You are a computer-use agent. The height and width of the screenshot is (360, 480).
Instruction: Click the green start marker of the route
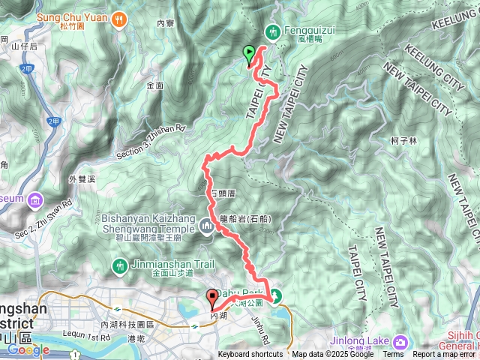[x=249, y=54]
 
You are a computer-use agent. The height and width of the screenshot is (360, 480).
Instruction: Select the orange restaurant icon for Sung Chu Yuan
[x=118, y=21]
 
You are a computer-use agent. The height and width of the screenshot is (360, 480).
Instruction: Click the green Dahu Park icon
[x=275, y=295]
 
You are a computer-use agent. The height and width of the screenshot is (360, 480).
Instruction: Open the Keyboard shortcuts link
[x=250, y=355]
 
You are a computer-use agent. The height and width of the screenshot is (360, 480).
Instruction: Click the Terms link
[x=392, y=355]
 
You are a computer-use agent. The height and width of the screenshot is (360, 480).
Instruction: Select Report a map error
[x=445, y=355]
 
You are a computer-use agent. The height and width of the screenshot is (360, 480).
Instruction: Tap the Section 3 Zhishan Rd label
[x=150, y=142]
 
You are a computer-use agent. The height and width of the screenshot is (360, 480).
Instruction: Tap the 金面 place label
[x=155, y=85]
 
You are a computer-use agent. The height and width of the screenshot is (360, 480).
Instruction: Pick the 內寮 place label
[x=165, y=23]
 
